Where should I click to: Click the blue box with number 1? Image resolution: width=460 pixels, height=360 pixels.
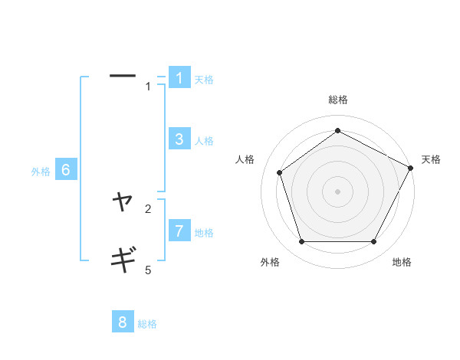[179, 78]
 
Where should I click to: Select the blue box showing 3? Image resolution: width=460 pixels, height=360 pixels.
[179, 139]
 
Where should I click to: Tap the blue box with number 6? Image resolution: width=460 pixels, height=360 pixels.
[66, 170]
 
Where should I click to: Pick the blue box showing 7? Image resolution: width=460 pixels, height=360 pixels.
[179, 231]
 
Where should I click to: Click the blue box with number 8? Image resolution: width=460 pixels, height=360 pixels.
[123, 322]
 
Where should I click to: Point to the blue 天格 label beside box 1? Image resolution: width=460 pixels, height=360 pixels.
[204, 80]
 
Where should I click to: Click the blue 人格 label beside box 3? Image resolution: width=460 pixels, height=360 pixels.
[204, 141]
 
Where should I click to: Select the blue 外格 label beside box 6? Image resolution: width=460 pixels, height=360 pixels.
[41, 172]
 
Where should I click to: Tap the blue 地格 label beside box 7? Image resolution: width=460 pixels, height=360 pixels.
[204, 232]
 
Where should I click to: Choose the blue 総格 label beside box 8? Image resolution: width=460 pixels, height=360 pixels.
[147, 324]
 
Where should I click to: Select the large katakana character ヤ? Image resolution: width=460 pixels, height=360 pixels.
[123, 201]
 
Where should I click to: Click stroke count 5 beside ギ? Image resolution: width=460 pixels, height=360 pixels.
[148, 270]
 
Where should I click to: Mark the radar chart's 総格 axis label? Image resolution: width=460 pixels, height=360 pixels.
[337, 100]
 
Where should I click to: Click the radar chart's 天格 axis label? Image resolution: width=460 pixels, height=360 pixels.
[431, 159]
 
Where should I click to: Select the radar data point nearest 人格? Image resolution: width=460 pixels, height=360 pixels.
[280, 172]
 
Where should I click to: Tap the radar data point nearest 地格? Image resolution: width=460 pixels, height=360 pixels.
[373, 241]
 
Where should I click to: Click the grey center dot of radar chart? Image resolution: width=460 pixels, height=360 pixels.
[337, 191]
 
